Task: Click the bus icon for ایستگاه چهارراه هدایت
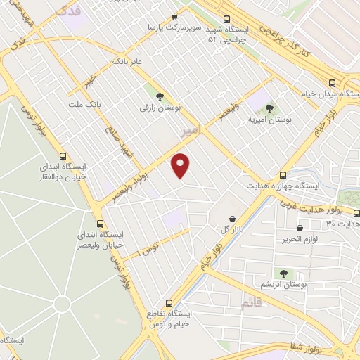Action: pos(283,175)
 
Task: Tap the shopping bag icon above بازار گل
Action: pos(232,219)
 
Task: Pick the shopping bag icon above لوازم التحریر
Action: pos(300,228)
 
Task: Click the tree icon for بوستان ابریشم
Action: pos(283,273)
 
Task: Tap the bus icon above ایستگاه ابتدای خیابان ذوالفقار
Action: pos(63,157)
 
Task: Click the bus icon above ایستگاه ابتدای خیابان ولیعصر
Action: pos(98,223)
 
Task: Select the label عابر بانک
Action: pos(128,63)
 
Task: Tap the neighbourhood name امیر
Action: pos(190,131)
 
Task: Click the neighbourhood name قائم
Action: pos(250,302)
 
